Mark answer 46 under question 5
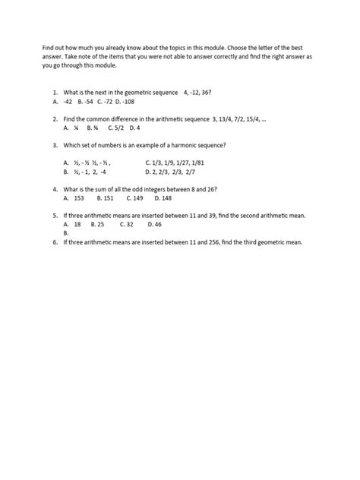click(x=155, y=224)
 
